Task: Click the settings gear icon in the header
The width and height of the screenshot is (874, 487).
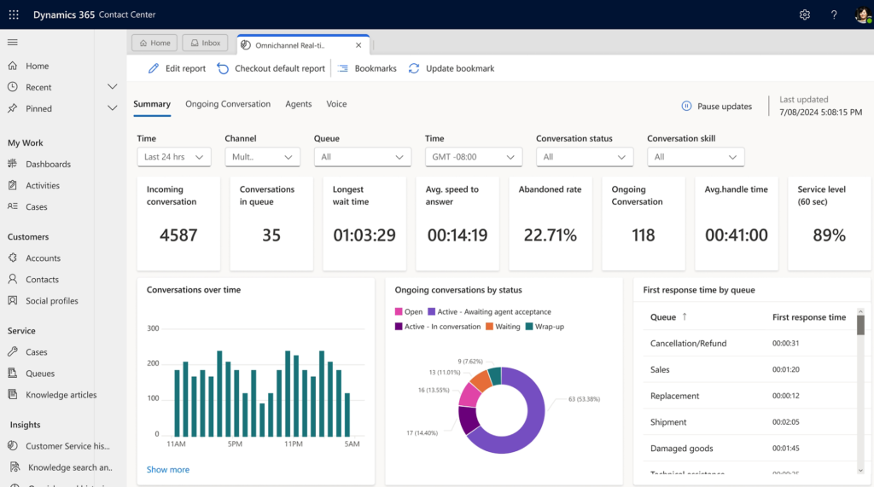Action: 804,14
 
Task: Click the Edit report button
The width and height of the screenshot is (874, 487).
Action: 177,68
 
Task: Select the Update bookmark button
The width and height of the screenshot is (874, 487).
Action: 452,68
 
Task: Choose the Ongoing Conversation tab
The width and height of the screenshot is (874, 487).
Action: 228,104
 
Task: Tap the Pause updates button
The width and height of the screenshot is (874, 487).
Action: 716,107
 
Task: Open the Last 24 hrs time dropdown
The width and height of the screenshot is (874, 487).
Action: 174,157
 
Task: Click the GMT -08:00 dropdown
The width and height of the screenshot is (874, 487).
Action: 474,157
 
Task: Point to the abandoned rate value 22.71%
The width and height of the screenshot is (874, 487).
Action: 550,235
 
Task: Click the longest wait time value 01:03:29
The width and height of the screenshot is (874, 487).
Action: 364,235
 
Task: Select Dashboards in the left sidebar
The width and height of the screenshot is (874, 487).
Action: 48,164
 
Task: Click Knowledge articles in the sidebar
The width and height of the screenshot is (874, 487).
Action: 61,395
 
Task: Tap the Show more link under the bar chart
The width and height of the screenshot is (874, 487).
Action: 168,469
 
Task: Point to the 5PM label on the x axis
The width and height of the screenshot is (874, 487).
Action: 234,444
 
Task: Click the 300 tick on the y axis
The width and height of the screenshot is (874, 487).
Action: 153,328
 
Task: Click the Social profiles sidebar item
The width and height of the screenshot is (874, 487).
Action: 51,301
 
